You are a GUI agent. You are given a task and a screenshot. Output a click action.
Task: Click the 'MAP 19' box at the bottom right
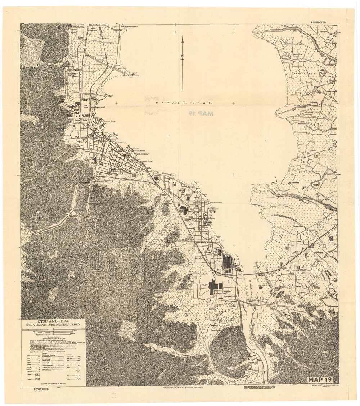point(319,380)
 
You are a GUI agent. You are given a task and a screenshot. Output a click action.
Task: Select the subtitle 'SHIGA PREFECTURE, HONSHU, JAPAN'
point(53,325)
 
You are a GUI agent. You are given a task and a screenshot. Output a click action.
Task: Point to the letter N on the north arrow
point(182,55)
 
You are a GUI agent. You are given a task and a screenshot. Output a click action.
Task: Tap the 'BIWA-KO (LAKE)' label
point(184,103)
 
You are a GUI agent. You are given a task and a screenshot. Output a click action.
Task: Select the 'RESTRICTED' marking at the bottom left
point(41,389)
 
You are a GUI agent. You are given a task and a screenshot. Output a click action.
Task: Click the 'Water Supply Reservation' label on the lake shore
point(132,76)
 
